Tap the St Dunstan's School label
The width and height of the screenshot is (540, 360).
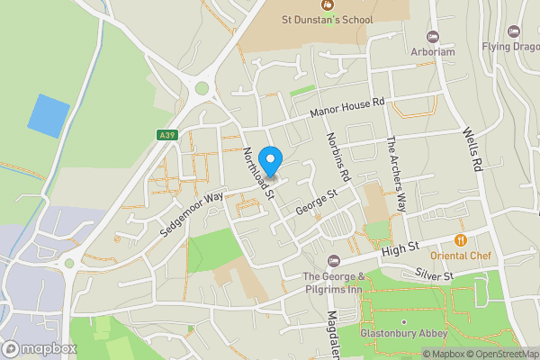[328, 19]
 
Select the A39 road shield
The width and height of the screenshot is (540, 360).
[166, 135]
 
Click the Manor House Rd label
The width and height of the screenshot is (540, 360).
[347, 107]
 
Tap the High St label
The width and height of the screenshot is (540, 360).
[400, 247]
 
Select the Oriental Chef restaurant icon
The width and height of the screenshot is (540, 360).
[460, 240]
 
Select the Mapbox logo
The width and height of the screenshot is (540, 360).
[39, 347]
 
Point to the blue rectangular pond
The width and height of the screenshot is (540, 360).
[49, 115]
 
